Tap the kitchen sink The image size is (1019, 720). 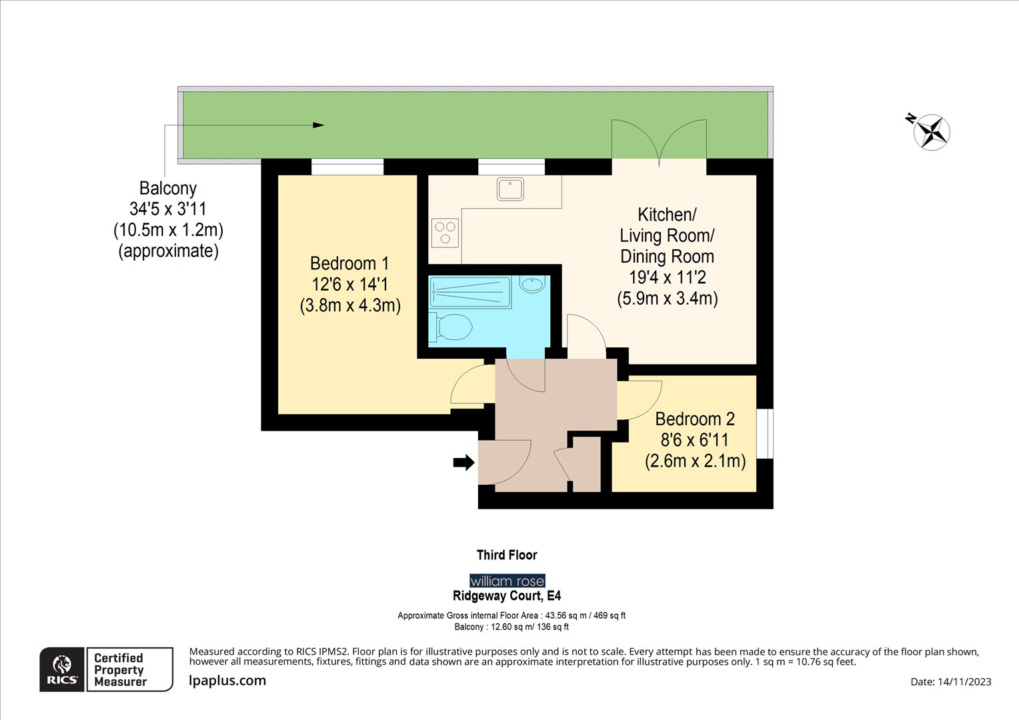coord(510,189)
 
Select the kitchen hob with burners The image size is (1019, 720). coord(445,233)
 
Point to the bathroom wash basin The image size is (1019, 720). coord(532,285)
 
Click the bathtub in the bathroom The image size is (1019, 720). coord(470,292)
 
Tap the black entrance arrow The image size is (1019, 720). coord(463,462)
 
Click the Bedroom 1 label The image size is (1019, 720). coord(349,263)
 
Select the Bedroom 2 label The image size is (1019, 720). coord(694,419)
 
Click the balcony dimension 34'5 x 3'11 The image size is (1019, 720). coord(168,209)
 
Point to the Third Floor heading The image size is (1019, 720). coord(507,555)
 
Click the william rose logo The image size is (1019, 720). coord(507,581)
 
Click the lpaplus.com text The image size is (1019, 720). coord(227,681)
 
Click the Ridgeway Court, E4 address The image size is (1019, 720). coord(507,596)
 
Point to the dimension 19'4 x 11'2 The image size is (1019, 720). coord(667,277)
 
